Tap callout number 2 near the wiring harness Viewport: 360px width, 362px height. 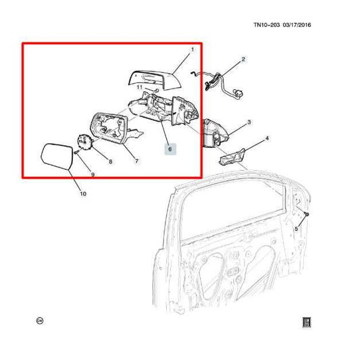coord(244,59)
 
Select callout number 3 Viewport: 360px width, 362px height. coord(249,122)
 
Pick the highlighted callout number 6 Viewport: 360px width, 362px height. coord(170,148)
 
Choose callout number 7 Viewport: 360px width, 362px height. coord(136,161)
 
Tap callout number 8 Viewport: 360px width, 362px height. coord(111,162)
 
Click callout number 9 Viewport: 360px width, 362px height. coord(93,176)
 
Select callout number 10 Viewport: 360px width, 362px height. coord(82,195)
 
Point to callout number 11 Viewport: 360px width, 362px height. coord(139,87)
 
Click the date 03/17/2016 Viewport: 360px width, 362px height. coord(301,26)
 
